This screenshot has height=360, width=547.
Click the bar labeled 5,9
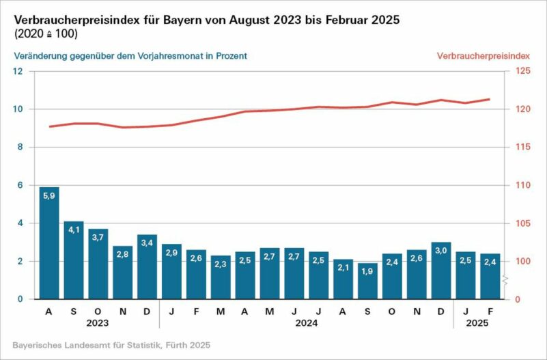point(49,243)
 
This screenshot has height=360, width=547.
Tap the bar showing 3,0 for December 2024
point(440,271)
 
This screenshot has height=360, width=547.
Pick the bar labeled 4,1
point(74,260)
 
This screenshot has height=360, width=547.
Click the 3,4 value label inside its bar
point(147,242)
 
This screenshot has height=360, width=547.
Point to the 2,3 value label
point(221,263)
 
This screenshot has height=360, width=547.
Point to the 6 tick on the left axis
point(20,185)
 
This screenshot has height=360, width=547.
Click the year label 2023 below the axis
point(98,324)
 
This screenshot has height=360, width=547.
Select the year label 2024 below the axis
point(306,324)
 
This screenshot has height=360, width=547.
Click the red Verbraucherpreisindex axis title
point(488,56)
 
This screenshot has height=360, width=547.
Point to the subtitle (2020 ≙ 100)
point(45,33)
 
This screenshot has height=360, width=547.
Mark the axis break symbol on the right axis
point(506,281)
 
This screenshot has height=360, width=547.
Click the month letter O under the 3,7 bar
point(98,311)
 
